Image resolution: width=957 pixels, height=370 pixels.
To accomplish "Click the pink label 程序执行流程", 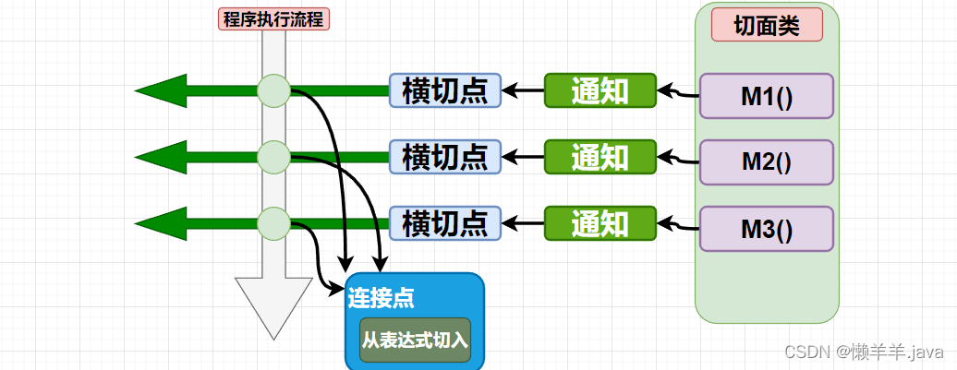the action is click(273, 18).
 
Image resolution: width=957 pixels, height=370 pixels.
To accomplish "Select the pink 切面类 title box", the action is click(767, 24).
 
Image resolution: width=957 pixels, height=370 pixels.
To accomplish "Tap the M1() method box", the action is click(767, 96).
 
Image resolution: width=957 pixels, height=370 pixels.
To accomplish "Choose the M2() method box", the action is click(767, 162).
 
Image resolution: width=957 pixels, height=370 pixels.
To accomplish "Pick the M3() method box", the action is click(767, 229).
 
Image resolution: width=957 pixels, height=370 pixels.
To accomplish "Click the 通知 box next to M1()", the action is click(600, 90).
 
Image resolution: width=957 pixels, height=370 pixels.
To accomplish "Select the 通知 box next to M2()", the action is click(600, 157).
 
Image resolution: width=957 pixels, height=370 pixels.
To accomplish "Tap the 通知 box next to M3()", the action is click(600, 223).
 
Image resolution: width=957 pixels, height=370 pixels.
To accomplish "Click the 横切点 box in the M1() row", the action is click(445, 90).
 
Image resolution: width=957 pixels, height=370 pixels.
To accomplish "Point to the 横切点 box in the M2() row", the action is click(445, 157).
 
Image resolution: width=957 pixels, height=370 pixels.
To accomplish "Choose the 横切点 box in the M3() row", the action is click(445, 223).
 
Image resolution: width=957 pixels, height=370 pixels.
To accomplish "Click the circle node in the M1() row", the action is click(273, 90).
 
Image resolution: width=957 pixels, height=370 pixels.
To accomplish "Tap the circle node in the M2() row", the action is click(273, 157).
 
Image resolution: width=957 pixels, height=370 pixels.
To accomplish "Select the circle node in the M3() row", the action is click(273, 223).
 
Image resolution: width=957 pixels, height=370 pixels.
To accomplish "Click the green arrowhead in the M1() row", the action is click(161, 90).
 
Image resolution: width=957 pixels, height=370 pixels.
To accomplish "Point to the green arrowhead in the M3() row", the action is click(161, 223).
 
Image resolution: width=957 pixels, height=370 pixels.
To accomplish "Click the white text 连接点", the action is click(382, 298).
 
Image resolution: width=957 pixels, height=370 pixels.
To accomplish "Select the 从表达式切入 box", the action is click(415, 340).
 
